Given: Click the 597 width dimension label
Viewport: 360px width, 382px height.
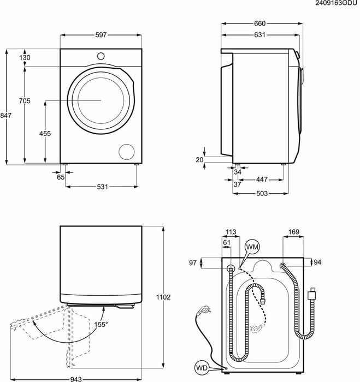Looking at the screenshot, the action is click(101, 35).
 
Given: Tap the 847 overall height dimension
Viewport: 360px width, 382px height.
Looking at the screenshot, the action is click(5, 115).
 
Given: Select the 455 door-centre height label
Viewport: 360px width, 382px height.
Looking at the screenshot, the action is click(45, 133).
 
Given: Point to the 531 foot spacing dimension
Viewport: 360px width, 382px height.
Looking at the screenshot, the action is click(103, 187).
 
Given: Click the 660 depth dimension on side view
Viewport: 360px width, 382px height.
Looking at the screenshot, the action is click(259, 23).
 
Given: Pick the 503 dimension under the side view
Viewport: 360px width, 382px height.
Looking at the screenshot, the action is click(262, 193).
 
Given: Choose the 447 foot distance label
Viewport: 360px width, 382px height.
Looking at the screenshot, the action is click(262, 180).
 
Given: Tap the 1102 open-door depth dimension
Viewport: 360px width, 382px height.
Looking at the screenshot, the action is click(163, 297).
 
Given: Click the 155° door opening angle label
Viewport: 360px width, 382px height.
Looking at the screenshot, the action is click(101, 324).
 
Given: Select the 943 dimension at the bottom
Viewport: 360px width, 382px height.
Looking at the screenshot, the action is click(76, 379).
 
